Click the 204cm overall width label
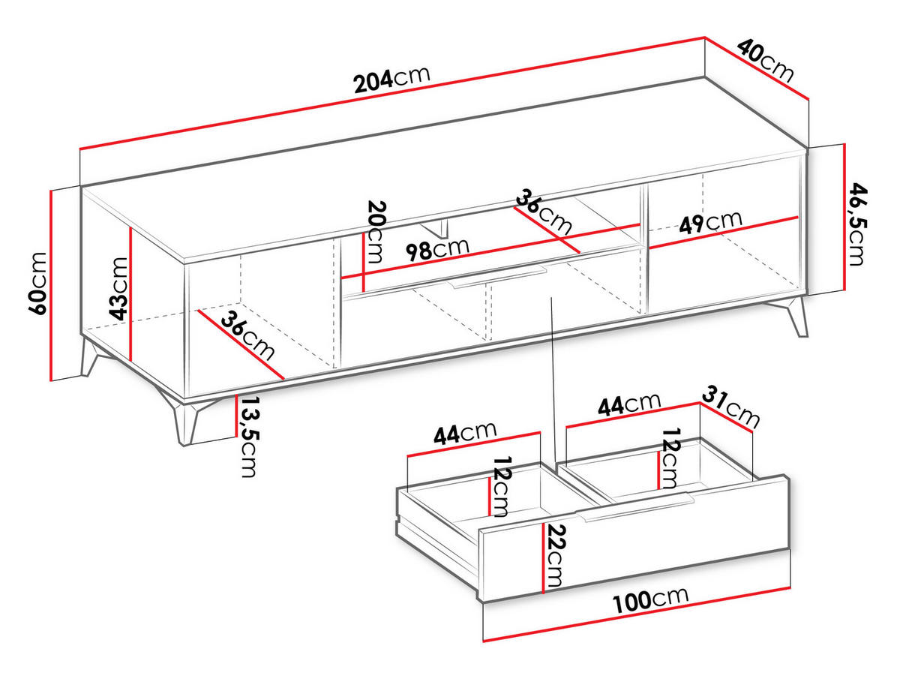pyautogui.click(x=392, y=80)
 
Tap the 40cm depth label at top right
pyautogui.click(x=765, y=60)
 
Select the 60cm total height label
pyautogui.click(x=37, y=284)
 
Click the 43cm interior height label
pyautogui.click(x=118, y=288)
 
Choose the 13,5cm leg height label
pyautogui.click(x=248, y=437)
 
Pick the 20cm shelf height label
pyautogui.click(x=376, y=231)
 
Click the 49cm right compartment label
pyautogui.click(x=710, y=222)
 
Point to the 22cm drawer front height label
pyautogui.click(x=556, y=556)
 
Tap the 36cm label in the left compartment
pyautogui.click(x=247, y=335)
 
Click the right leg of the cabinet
pyautogui.click(x=792, y=315)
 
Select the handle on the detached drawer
pyautogui.click(x=634, y=507)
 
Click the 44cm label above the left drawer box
pyautogui.click(x=465, y=433)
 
